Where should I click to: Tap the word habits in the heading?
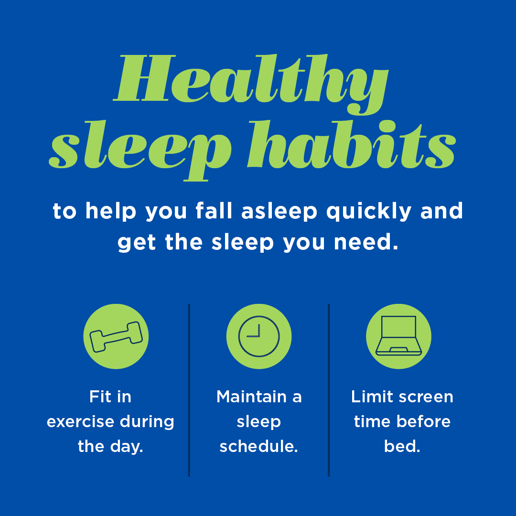[x=352, y=144]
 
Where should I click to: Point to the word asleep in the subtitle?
[x=279, y=212]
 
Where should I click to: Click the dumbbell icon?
[x=116, y=337]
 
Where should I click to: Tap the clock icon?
[x=259, y=336]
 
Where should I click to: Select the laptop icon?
[x=399, y=336]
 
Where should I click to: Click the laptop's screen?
[x=399, y=326]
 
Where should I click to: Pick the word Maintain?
[x=251, y=397]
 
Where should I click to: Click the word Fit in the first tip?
[x=100, y=397]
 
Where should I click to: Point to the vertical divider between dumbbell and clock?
[x=189, y=390]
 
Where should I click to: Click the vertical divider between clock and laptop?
[x=329, y=390]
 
